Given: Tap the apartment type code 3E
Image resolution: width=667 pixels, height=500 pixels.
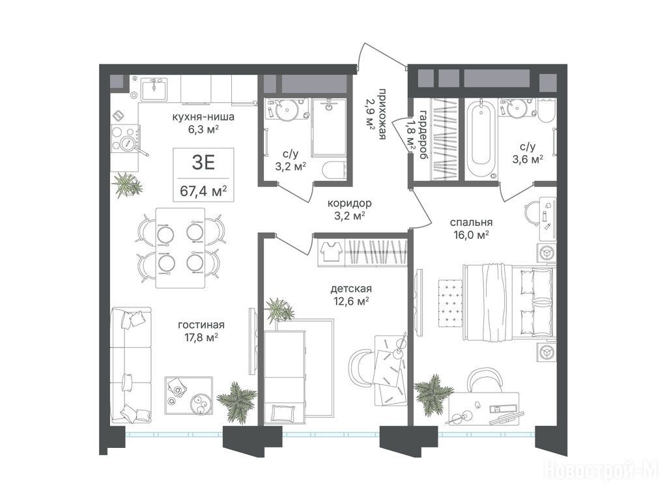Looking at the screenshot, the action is point(203,163).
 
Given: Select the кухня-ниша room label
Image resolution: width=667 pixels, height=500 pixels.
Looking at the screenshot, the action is point(203,117).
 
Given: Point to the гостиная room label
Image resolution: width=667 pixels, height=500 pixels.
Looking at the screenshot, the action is point(201,326).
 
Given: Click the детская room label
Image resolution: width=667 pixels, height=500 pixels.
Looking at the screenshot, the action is point(351,288).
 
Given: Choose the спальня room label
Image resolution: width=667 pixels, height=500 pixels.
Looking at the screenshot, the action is point(472,223).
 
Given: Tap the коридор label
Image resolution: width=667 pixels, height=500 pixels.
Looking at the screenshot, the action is point(350,204).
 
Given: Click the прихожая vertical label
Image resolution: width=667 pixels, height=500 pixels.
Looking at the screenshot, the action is point(382,115).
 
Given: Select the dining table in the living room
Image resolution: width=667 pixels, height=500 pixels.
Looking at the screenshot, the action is point(180,247).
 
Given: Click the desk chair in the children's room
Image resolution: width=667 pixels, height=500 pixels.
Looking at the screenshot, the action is point(362,365).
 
